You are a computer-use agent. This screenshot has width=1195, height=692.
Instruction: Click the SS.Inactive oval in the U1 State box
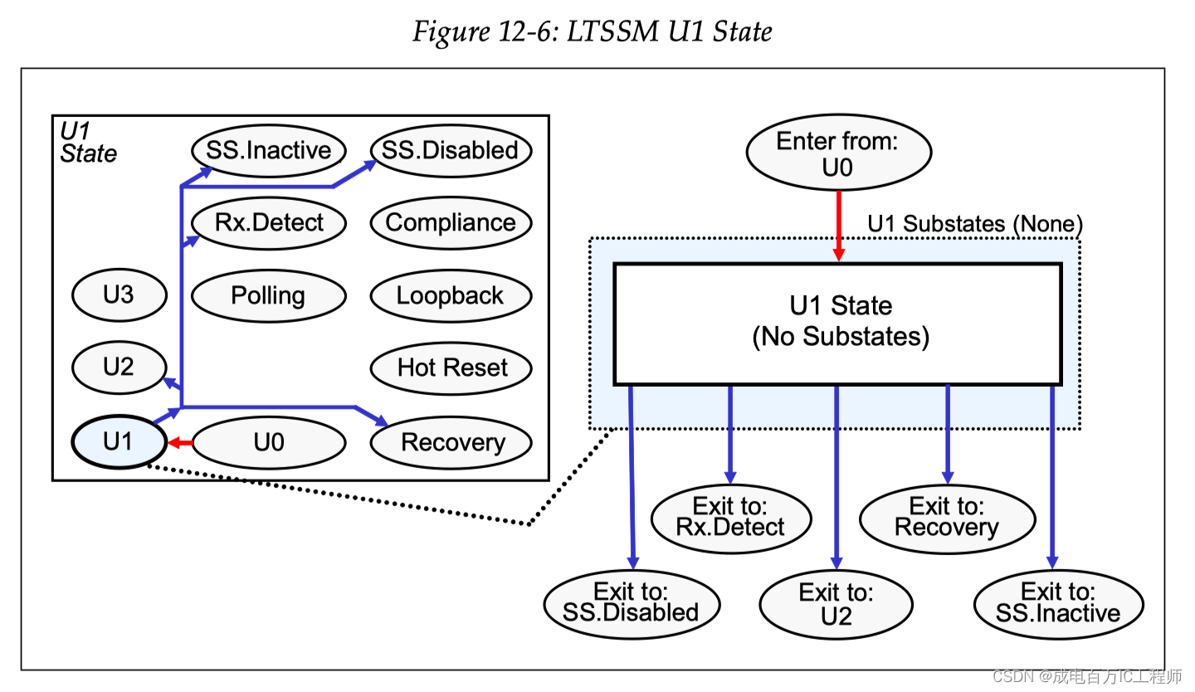[267, 151]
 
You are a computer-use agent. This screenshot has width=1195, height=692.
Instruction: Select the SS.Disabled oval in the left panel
[451, 151]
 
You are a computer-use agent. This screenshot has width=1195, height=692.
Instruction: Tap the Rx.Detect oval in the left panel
[267, 222]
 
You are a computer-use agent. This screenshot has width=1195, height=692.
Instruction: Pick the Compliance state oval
[451, 222]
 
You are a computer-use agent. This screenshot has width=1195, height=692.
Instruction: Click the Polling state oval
[267, 295]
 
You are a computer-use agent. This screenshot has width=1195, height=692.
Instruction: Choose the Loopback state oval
[451, 295]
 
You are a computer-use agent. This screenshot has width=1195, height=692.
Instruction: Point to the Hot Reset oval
[451, 368]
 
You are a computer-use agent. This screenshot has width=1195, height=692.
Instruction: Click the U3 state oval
[119, 295]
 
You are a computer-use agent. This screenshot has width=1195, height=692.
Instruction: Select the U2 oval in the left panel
[119, 367]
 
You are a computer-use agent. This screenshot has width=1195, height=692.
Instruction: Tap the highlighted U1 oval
[119, 441]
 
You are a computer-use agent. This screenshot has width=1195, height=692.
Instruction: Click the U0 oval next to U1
[269, 442]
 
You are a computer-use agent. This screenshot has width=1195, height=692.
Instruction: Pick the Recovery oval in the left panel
[451, 442]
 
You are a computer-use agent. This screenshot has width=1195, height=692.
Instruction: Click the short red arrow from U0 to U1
[180, 443]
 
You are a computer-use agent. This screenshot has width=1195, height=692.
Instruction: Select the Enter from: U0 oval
[838, 154]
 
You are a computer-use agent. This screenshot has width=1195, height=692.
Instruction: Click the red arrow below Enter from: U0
[838, 226]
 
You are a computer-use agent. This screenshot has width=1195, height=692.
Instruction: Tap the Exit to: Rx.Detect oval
[730, 518]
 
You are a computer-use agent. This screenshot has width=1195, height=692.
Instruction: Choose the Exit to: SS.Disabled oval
[631, 603]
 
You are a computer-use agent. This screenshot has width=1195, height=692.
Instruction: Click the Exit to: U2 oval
[836, 605]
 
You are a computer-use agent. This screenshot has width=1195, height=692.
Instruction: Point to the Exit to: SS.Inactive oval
[1057, 603]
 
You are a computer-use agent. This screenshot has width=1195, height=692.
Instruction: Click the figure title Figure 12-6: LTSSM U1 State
[593, 32]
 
